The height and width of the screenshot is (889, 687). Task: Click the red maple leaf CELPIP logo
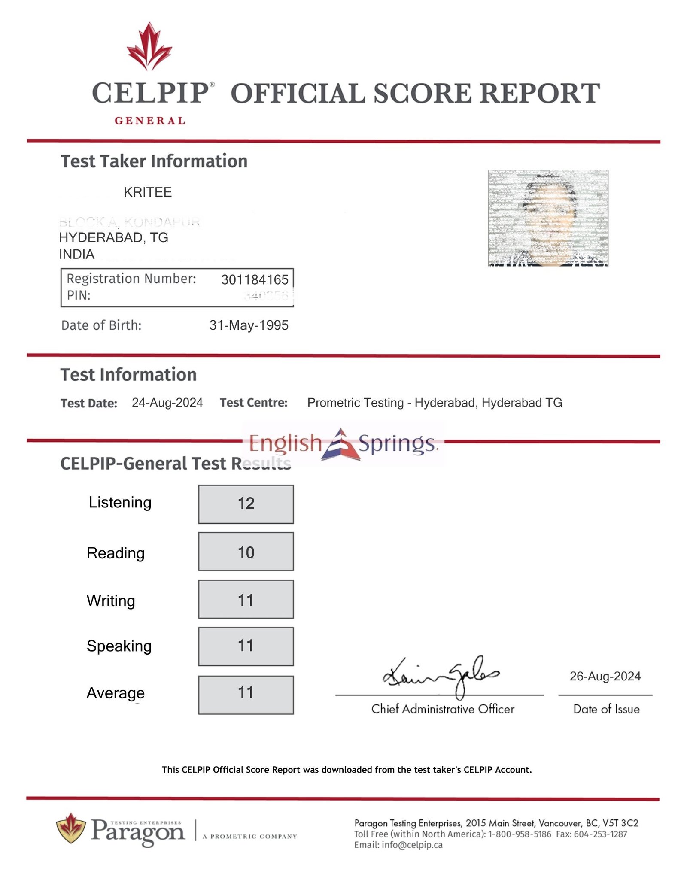[x=149, y=46]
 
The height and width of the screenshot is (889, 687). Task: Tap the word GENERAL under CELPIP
[x=149, y=121]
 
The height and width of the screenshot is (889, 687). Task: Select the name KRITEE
[x=148, y=192]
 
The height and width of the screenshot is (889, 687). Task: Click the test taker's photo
[x=548, y=218]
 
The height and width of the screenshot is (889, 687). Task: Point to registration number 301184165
[x=255, y=280]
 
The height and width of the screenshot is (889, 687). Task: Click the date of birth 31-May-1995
[x=249, y=325]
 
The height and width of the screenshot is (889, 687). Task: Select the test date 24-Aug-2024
[x=167, y=403]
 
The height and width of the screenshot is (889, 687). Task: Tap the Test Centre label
[x=253, y=403]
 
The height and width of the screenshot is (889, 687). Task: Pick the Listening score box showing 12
[x=246, y=504]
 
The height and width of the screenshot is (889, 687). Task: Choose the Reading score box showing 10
[x=246, y=552]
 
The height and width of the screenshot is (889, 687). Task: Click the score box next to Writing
[x=246, y=599]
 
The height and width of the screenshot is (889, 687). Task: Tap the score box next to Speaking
[x=246, y=646]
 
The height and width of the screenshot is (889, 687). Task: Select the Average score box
[x=246, y=695]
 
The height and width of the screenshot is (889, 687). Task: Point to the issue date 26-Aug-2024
[x=605, y=677]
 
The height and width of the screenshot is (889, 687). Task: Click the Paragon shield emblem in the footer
[x=71, y=828]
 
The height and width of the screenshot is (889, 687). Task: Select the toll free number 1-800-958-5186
[x=520, y=834]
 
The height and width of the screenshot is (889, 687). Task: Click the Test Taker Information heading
[x=154, y=161]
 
